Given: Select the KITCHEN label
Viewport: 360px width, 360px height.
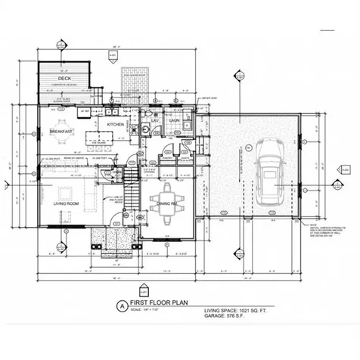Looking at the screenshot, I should pyautogui.click(x=115, y=123).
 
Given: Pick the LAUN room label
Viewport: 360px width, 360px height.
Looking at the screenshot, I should pyautogui.click(x=173, y=120).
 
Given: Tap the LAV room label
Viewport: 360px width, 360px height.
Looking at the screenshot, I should pyautogui.click(x=154, y=120).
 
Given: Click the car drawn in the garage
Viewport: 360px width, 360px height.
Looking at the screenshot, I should pyautogui.click(x=268, y=177).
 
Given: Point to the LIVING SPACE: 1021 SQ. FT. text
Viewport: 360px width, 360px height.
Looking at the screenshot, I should pyautogui.click(x=244, y=311).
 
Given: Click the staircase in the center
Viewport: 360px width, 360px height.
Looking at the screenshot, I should pyautogui.click(x=132, y=193).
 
